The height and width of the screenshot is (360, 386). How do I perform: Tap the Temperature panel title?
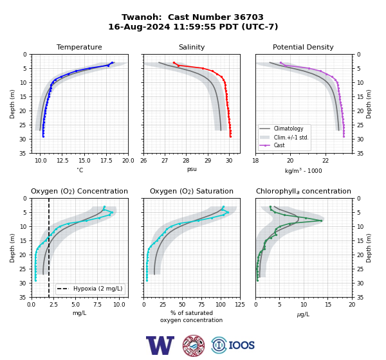[x=79, y=47]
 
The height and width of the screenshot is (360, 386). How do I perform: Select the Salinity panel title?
[x=192, y=47]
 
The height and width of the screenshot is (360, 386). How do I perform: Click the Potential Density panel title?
[x=303, y=47]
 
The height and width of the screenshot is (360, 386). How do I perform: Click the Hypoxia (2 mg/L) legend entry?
[x=90, y=289]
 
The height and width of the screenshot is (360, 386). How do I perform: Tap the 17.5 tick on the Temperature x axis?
[x=106, y=161]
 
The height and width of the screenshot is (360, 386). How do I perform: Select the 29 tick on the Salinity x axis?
[x=208, y=161]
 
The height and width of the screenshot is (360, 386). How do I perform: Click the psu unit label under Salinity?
[x=192, y=169]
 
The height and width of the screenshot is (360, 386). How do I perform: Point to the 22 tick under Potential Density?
[x=326, y=161]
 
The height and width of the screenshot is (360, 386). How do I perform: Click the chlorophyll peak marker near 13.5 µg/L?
[x=321, y=221]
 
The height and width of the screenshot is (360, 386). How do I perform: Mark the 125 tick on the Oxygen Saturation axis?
[x=240, y=305]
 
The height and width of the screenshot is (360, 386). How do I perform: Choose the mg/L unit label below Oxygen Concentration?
[x=79, y=313]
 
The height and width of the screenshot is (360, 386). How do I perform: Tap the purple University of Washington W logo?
[x=160, y=345]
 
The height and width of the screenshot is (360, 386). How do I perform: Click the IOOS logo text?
[x=241, y=345]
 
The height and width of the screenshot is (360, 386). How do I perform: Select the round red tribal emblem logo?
[x=194, y=345]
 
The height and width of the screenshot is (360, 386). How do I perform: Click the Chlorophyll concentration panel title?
[x=303, y=191]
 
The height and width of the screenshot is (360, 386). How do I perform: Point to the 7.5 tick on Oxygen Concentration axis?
[x=98, y=305]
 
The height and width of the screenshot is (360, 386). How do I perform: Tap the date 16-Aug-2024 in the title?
[x=139, y=26]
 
